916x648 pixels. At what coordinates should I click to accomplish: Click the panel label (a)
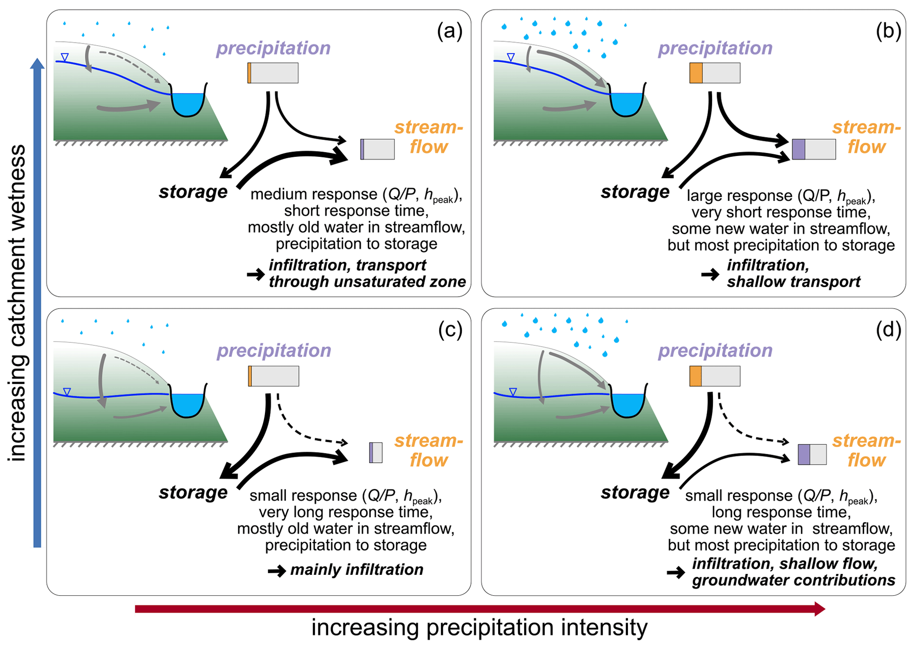(449, 32)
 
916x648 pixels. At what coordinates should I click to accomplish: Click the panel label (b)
(889, 32)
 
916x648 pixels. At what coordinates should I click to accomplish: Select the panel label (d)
(889, 330)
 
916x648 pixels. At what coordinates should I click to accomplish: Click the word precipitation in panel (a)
(273, 48)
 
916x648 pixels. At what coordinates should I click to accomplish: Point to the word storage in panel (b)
(635, 192)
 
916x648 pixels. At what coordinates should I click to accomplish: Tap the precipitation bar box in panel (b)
(715, 73)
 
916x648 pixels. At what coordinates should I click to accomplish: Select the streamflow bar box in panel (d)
(812, 454)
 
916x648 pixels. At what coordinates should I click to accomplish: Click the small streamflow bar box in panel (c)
(376, 453)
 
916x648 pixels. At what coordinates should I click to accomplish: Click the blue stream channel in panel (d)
(627, 404)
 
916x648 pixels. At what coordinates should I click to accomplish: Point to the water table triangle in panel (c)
(67, 391)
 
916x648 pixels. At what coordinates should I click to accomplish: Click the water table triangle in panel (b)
(511, 57)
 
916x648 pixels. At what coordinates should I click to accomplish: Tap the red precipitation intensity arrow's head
(819, 609)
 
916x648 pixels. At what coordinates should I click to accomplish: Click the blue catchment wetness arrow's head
(37, 64)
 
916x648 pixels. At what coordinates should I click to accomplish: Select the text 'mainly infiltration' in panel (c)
(357, 570)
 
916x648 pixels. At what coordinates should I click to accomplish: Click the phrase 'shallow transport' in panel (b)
(794, 281)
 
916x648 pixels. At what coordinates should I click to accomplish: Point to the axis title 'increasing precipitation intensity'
(479, 628)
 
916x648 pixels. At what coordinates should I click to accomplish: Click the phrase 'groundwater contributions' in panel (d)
(794, 580)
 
